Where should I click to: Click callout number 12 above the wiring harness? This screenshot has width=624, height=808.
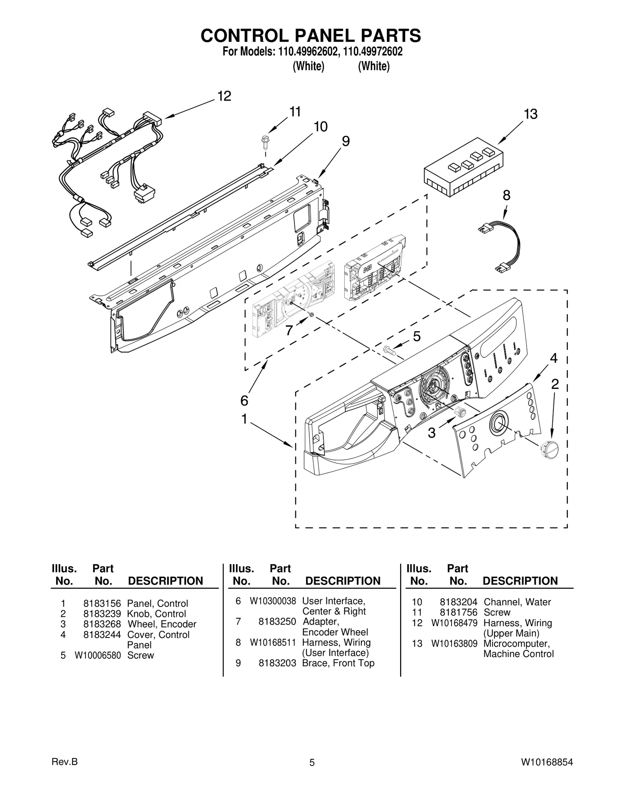click(x=224, y=96)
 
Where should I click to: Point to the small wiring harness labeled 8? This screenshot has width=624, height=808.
click(x=501, y=247)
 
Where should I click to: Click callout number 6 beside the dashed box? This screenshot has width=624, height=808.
click(x=244, y=400)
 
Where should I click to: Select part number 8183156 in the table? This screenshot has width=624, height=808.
click(x=102, y=603)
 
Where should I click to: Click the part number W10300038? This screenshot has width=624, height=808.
click(x=273, y=601)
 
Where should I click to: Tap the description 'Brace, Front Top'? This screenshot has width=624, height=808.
click(x=338, y=663)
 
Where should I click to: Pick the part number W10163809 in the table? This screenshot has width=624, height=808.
click(x=454, y=643)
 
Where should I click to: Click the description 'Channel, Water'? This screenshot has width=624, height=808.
click(x=517, y=602)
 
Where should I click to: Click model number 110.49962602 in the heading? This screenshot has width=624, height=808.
click(x=307, y=51)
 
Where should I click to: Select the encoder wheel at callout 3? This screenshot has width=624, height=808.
click(x=461, y=411)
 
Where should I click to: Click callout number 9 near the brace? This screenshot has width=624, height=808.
click(x=346, y=141)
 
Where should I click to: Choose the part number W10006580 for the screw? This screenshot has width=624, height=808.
click(x=98, y=655)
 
